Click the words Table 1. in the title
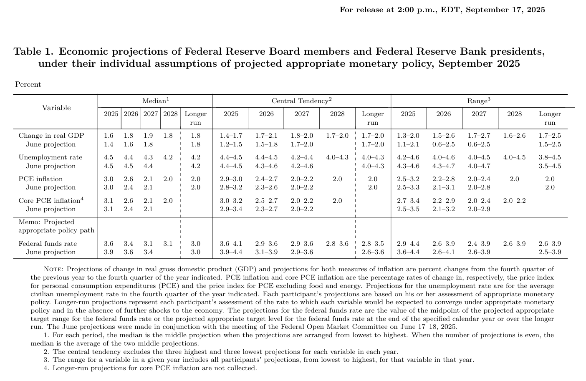tap(34, 52)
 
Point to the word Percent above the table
tap(28, 84)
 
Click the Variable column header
tap(56, 108)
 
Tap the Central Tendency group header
tap(301, 101)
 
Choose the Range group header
tap(479, 101)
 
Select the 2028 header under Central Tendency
tap(337, 114)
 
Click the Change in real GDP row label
tap(51, 136)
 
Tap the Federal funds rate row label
tap(48, 244)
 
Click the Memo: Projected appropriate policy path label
tap(56, 226)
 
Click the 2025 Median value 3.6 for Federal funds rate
tap(109, 244)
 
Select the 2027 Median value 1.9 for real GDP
tap(148, 136)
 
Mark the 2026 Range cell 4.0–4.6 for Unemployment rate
tap(444, 157)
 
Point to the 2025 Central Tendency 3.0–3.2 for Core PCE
tap(231, 201)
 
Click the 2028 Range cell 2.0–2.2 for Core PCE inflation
tap(514, 201)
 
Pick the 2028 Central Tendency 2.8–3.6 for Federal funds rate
tap(337, 244)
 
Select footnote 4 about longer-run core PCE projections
tap(150, 368)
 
